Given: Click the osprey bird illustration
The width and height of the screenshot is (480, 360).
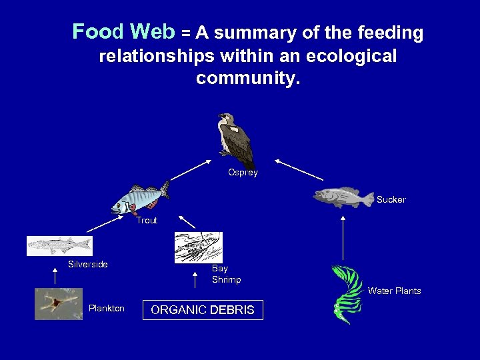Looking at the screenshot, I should pos(235,140).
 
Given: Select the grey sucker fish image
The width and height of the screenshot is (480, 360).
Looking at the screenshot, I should pos(343,197).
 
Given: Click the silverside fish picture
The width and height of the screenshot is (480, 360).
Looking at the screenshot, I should pos(59,245).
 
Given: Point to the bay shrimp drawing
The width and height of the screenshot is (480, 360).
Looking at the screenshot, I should pos(198,247).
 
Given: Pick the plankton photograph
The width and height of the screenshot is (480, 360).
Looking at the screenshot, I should pos(59,304).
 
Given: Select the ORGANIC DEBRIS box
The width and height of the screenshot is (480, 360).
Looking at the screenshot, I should pos(203,310).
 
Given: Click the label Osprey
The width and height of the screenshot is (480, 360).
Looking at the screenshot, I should pos(243,173).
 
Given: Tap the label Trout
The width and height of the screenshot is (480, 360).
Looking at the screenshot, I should pos(147,221).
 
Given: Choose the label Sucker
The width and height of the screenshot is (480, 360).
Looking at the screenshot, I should pos(391,200).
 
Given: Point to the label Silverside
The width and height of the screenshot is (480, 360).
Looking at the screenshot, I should pos(87,265).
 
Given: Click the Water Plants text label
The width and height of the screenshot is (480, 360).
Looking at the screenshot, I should pos(394,291).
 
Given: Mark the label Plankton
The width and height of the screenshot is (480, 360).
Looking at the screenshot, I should pos(106,309).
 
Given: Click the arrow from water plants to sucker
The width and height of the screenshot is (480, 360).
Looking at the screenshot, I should pos(343,237).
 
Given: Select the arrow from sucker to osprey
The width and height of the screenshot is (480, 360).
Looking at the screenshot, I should pos(299,169).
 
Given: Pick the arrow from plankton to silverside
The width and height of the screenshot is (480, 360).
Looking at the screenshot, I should pos(55,276).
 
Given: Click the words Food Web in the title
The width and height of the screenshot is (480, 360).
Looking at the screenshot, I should pos(123,31).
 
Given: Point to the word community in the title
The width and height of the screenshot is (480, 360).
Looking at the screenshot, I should pos(248,79).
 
